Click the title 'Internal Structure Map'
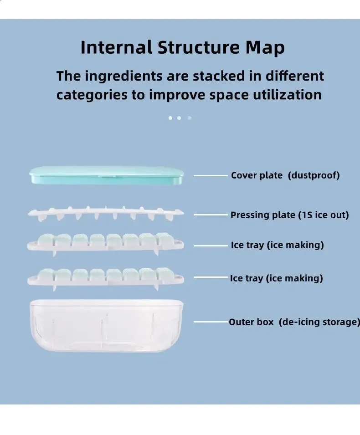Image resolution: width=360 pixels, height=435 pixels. coord(182,47)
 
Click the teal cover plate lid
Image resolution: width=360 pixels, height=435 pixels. coord(107,175)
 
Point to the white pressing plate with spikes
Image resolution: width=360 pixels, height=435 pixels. coord(106,213)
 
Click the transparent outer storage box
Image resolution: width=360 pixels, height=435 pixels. coord(106,326)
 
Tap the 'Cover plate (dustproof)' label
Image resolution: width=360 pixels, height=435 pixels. coord(285,175)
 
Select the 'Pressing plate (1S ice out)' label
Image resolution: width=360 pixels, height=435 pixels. coord(289,215)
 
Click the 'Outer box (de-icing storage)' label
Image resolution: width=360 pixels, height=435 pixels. coord(294,322)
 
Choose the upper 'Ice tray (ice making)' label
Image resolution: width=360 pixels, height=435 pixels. coord(277,245)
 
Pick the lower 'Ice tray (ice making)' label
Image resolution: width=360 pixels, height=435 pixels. coord(277,278)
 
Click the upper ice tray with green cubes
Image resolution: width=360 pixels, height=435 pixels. coord(106,244)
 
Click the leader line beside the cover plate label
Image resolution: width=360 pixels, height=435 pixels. coord(211,176)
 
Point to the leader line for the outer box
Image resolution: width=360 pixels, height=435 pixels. coord(211,322)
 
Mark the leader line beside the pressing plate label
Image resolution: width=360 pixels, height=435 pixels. coord(211,215)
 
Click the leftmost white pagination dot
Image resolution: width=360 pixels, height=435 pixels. coord(170,118)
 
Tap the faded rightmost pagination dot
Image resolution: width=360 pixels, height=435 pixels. coord(190,118)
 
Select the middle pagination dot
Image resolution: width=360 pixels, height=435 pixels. coord(179,118)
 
